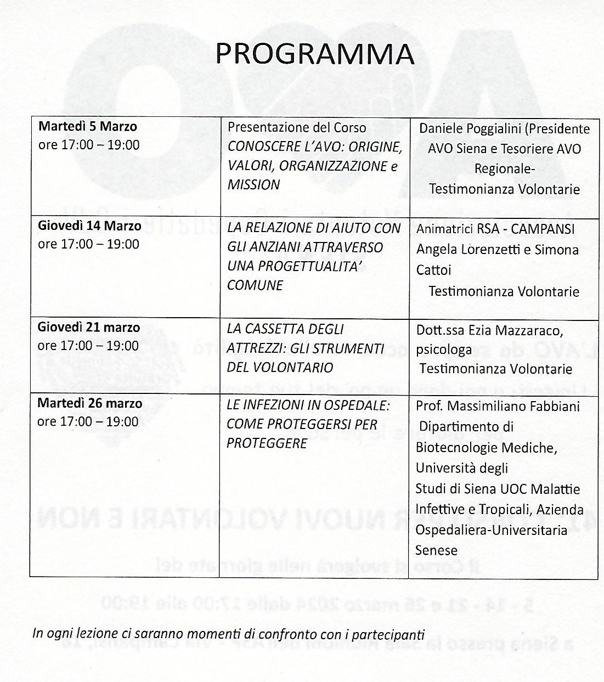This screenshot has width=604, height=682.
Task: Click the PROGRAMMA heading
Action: pyautogui.click(x=314, y=53)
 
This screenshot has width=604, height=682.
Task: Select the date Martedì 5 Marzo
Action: pyautogui.click(x=87, y=127)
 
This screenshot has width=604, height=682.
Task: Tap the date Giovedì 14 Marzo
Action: pyautogui.click(x=89, y=226)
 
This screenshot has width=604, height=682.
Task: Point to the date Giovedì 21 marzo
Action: pyautogui.click(x=89, y=328)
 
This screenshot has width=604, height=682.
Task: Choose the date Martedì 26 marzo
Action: pyautogui.click(x=89, y=403)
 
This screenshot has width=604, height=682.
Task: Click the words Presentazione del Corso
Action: pyautogui.click(x=297, y=127)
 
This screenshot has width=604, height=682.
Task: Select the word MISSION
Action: pyautogui.click(x=253, y=185)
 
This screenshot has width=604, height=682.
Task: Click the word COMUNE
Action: pyautogui.click(x=255, y=285)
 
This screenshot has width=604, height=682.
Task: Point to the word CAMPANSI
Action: pyautogui.click(x=540, y=229)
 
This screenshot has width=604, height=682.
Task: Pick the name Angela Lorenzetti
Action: pyautogui.click(x=467, y=250)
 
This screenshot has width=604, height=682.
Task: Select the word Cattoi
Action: pyautogui.click(x=433, y=270)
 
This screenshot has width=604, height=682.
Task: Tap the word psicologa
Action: pyautogui.click(x=443, y=350)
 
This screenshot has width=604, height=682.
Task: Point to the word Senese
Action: pyautogui.click(x=437, y=550)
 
